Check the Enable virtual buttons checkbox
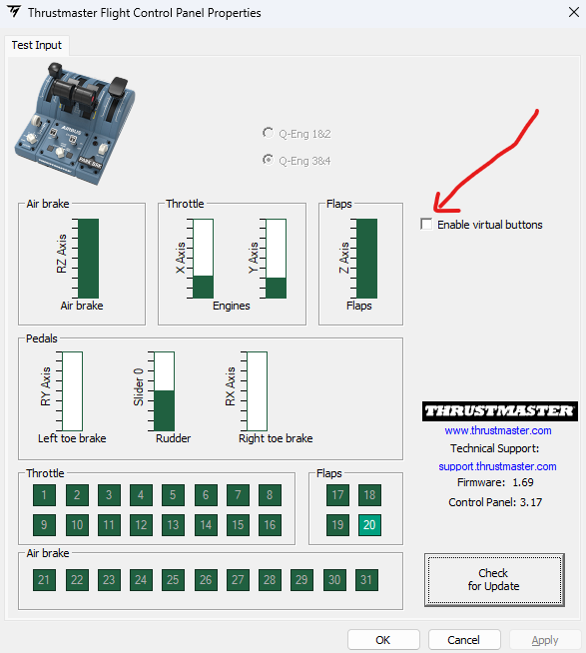pyautogui.click(x=426, y=224)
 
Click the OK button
pyautogui.click(x=383, y=640)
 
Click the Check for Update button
pyautogui.click(x=494, y=580)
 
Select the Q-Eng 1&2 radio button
pyautogui.click(x=268, y=133)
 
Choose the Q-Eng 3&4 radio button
pyautogui.click(x=268, y=160)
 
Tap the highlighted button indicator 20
pyautogui.click(x=369, y=525)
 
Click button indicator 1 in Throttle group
pyautogui.click(x=44, y=495)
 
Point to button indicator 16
pyautogui.click(x=270, y=525)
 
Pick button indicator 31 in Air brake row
pyautogui.click(x=366, y=580)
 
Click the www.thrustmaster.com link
pyautogui.click(x=498, y=430)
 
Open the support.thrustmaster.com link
pyautogui.click(x=497, y=466)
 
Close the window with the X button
pyautogui.click(x=574, y=12)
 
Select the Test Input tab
pyautogui.click(x=37, y=45)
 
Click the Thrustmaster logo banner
pyautogui.click(x=500, y=411)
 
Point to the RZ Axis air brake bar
pyautogui.click(x=88, y=259)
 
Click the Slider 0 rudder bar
pyautogui.click(x=164, y=391)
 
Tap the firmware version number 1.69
pyautogui.click(x=523, y=482)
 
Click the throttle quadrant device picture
pyautogui.click(x=75, y=123)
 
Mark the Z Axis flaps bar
pyautogui.click(x=367, y=259)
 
